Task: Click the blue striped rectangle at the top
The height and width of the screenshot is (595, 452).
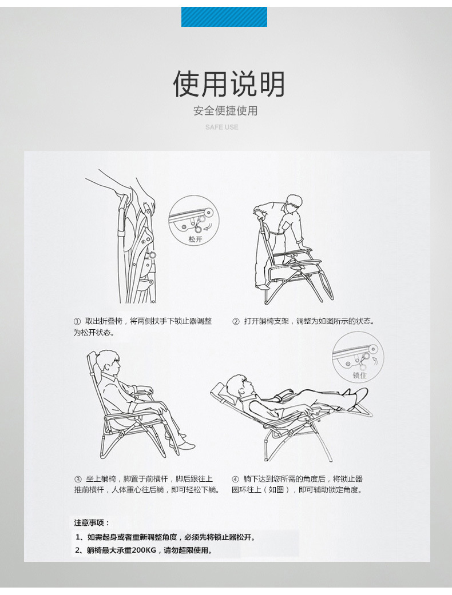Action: (224, 17)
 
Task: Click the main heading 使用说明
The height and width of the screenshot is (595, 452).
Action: (228, 85)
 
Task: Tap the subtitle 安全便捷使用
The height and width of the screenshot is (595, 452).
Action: (225, 111)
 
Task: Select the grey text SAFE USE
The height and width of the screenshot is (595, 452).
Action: (222, 127)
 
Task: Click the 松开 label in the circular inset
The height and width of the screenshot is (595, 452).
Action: (195, 239)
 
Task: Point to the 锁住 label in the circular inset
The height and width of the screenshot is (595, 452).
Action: (359, 376)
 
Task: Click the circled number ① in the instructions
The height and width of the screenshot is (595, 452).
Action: (77, 322)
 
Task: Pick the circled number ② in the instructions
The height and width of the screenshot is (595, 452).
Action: (235, 322)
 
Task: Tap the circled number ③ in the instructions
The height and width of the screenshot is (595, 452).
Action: (78, 479)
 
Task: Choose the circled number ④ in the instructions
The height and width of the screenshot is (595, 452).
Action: (235, 479)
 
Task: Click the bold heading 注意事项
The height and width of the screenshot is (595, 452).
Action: (92, 522)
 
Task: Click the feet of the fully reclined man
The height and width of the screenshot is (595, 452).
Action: (358, 393)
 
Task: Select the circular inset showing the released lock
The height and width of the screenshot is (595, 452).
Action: (194, 220)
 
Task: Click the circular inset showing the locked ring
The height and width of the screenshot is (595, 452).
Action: (358, 357)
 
